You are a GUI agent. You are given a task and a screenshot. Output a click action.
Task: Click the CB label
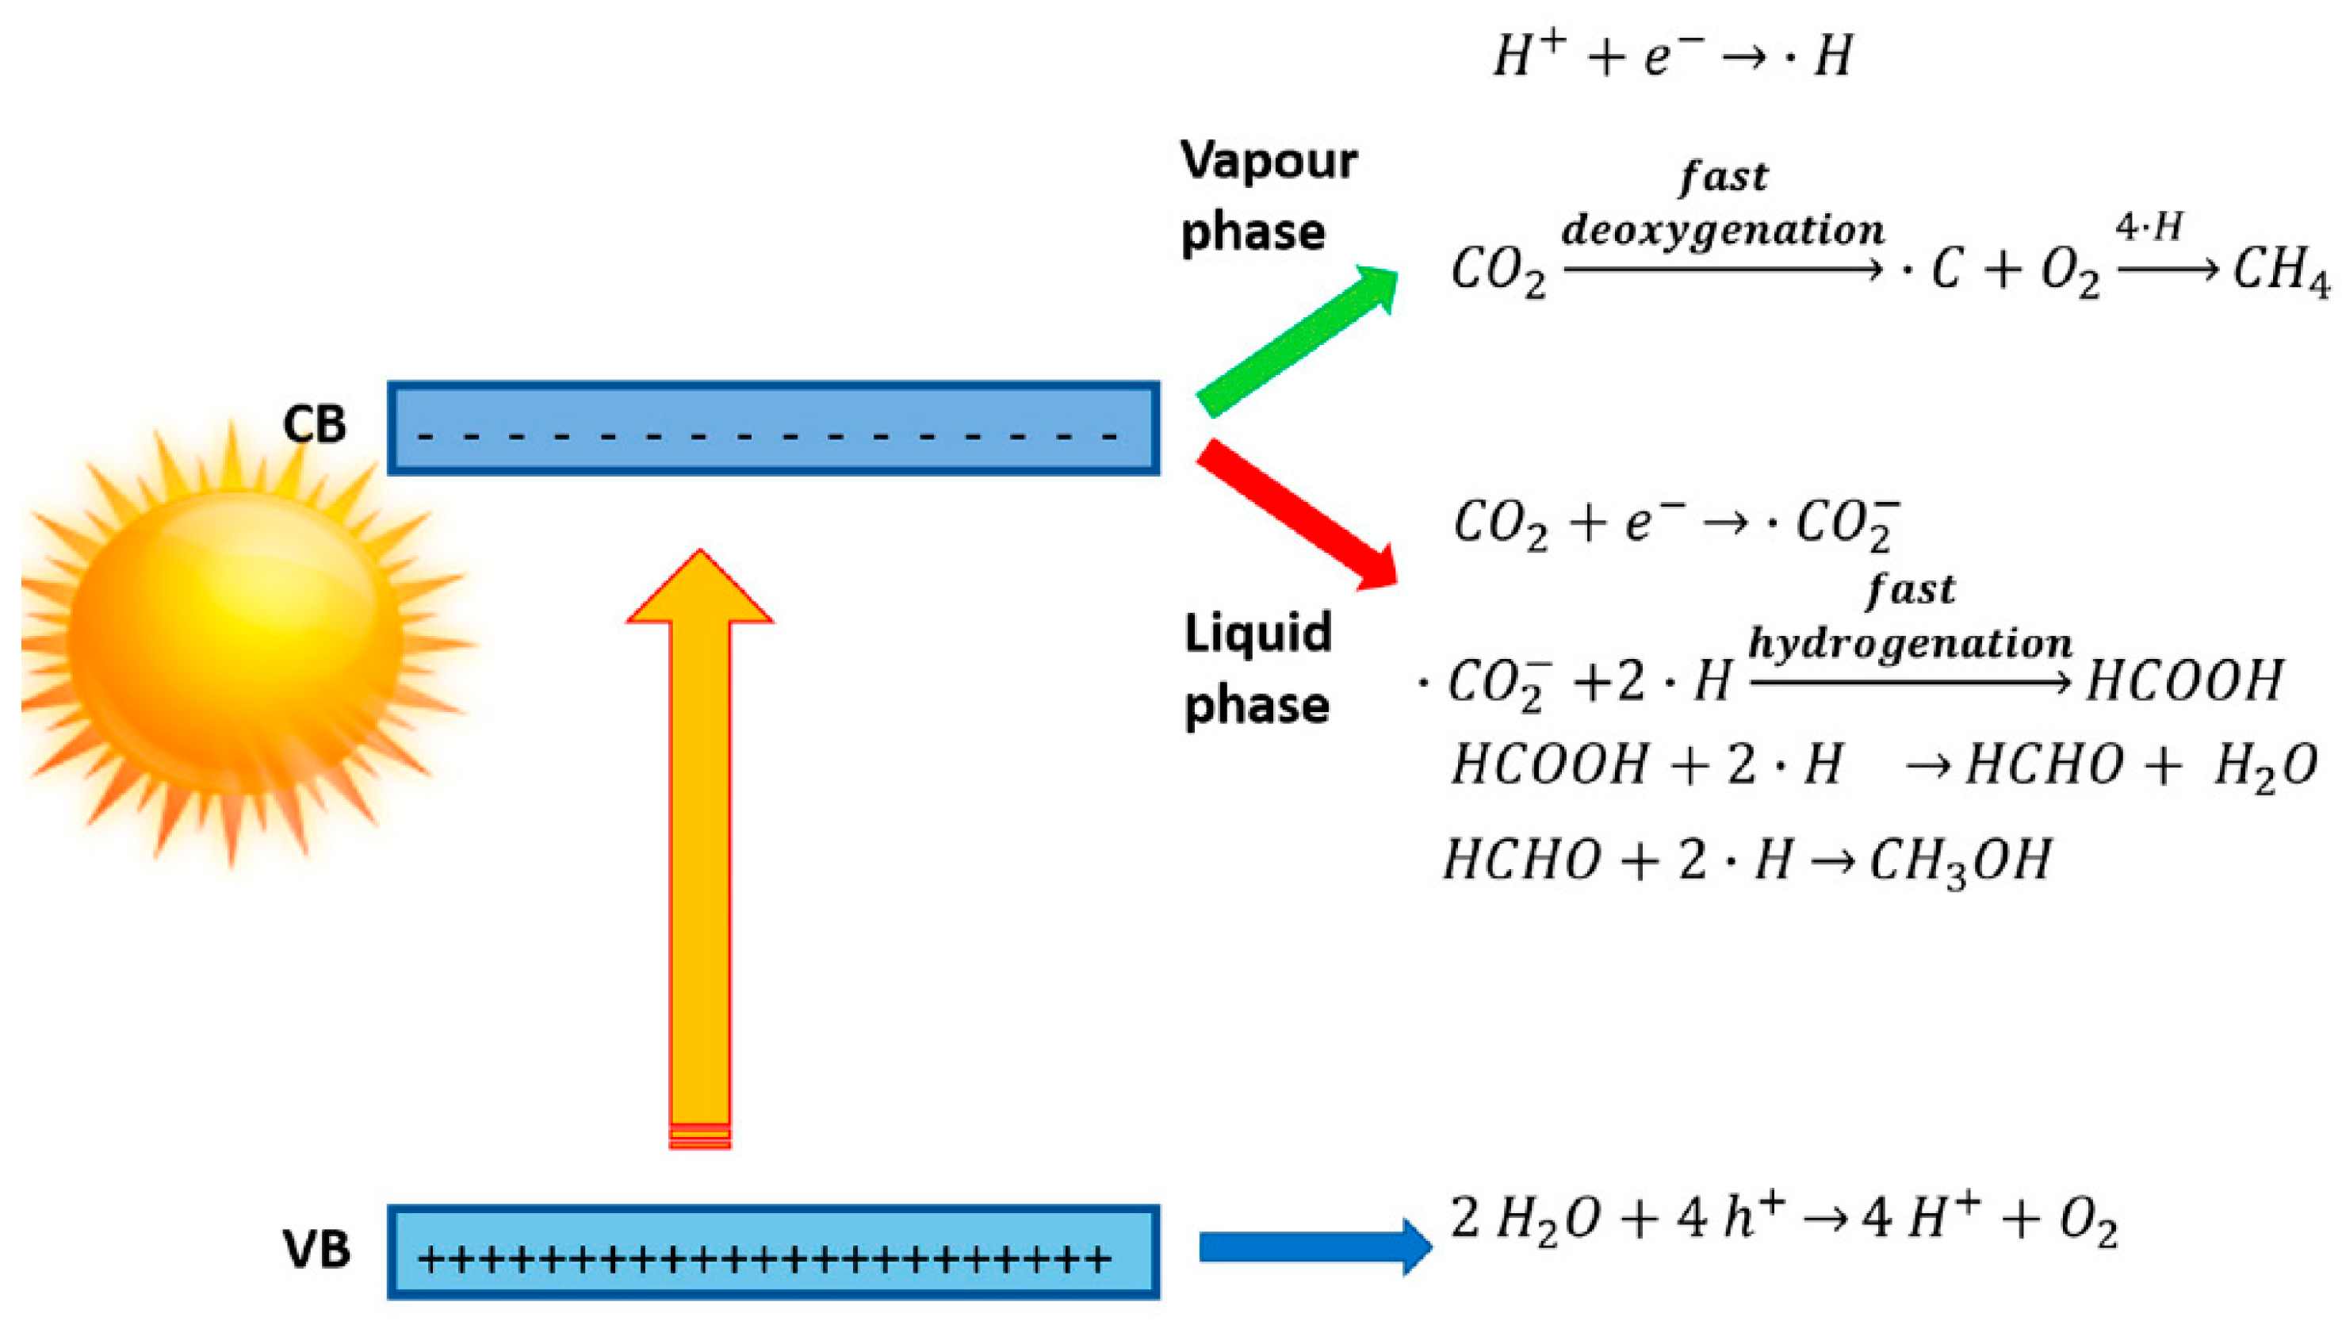314,425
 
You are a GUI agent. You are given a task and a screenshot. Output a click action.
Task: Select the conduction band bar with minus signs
773,427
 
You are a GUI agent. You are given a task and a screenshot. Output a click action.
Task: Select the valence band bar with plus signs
773,1251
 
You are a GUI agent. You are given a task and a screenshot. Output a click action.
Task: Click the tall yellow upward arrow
700,846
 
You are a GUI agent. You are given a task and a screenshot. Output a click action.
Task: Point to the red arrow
1296,514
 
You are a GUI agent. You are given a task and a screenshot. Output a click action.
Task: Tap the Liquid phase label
1257,669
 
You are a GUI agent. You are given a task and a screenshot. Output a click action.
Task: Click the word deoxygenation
1722,229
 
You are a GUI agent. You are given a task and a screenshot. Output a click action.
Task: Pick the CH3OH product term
1961,860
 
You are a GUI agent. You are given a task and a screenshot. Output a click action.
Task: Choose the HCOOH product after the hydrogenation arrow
2183,680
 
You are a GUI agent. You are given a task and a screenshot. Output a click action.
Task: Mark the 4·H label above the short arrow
2149,228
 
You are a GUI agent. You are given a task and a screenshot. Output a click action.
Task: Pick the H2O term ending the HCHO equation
2266,766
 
